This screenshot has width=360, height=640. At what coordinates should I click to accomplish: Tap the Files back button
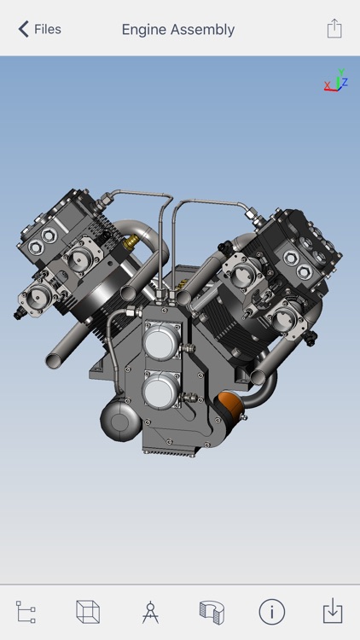[39, 29]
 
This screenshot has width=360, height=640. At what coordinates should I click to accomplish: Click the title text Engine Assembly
[177, 29]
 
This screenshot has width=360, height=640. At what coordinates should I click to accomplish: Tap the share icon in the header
[334, 28]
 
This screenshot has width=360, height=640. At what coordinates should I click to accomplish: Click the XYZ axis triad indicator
[336, 80]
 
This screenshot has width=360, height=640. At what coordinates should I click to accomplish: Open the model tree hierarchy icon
[26, 612]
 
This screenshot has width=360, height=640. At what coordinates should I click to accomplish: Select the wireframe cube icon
[88, 612]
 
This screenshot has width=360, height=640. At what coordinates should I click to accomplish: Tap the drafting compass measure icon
[150, 612]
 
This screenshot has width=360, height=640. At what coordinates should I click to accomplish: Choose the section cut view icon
[210, 612]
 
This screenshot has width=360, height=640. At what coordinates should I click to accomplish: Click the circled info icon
[271, 612]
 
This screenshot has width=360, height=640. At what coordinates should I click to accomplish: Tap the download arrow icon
[333, 612]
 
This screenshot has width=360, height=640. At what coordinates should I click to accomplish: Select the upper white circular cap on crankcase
[160, 342]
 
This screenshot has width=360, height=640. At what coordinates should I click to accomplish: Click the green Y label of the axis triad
[340, 73]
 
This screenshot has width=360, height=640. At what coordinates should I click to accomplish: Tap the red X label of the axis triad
[327, 86]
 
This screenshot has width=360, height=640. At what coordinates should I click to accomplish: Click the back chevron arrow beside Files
[23, 29]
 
